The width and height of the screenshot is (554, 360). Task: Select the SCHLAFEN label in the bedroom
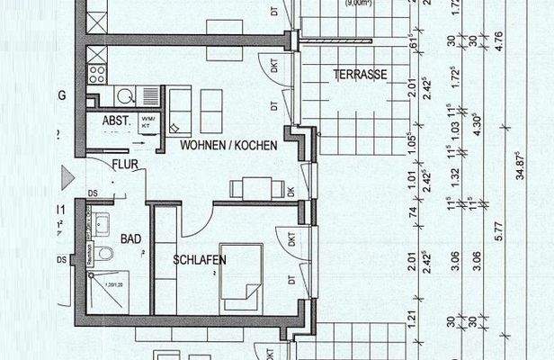point(200,260)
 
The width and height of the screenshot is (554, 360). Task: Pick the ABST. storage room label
point(117,119)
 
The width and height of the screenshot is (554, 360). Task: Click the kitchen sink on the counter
point(124,93)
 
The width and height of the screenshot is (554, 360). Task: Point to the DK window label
point(291,191)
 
